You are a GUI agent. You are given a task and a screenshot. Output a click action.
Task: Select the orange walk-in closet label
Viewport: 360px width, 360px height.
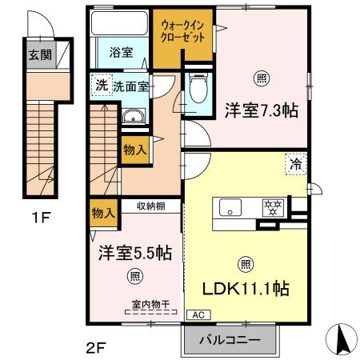click(182, 31)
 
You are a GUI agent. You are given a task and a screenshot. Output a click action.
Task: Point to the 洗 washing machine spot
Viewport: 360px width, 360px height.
click(101, 86)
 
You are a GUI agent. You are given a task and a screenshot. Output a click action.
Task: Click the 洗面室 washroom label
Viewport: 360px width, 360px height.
click(130, 86)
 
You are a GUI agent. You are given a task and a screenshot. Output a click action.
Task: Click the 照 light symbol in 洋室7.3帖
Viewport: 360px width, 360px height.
click(261, 78)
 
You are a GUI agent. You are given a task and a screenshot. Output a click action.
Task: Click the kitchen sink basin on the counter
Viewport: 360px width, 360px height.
click(231, 208)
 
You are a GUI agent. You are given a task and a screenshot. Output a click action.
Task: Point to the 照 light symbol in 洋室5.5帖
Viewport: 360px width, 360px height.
click(134, 277)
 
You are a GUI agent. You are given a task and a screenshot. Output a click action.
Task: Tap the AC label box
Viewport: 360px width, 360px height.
click(194, 314)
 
